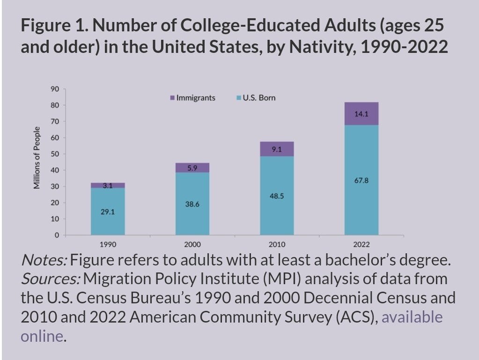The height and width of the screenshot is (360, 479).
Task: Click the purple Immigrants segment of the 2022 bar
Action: coord(361,114)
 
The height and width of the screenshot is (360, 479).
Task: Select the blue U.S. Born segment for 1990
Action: coord(108,211)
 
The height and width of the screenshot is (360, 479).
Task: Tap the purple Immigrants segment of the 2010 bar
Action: coord(277,149)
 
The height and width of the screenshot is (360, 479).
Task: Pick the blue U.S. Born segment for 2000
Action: coord(192,204)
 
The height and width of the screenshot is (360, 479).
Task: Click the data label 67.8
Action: coord(361,180)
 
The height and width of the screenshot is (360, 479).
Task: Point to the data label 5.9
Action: coord(192,168)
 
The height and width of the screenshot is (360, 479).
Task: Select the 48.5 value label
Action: coord(277,196)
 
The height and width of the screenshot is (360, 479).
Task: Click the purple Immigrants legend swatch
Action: coord(172,98)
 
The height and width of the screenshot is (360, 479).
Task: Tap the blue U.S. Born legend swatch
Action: coord(239,98)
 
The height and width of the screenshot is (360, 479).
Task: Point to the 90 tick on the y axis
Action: coord(55,89)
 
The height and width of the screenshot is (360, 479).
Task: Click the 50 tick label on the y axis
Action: coord(55,154)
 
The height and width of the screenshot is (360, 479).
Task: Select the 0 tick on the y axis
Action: coord(57,235)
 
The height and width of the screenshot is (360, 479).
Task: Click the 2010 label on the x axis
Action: coord(277,244)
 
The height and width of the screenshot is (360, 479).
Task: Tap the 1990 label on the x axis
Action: coord(108,244)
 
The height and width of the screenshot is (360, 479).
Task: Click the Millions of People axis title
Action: coord(37,158)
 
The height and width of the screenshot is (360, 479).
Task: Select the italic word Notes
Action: coord(44,260)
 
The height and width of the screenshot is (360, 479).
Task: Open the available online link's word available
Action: coord(412,317)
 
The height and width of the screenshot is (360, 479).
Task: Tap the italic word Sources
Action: coord(51,279)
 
